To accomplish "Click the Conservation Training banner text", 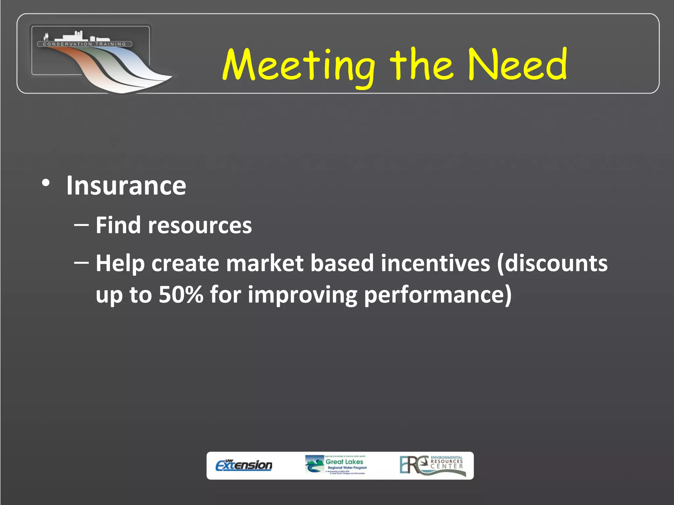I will click(x=85, y=44).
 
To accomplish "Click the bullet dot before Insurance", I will click(x=46, y=183).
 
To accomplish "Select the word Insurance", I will click(x=126, y=186).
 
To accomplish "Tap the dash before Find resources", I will click(x=81, y=225).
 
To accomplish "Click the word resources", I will click(x=200, y=226).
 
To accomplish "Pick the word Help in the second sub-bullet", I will click(x=120, y=264).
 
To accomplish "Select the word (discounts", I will click(x=552, y=263).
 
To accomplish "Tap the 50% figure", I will click(x=181, y=294).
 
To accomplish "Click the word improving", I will click(x=302, y=295).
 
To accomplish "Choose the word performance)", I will click(x=438, y=295).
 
